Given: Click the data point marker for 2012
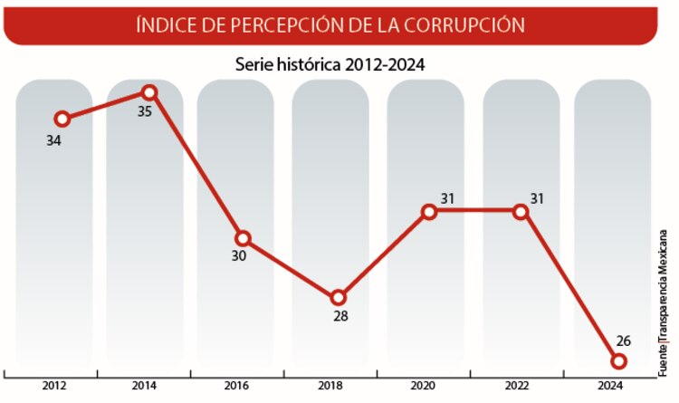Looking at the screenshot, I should click(x=62, y=119).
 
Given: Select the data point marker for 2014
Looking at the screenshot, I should click(x=149, y=92).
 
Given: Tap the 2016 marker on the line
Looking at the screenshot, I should click(x=242, y=237).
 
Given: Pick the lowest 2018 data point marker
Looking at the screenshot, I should click(x=338, y=297).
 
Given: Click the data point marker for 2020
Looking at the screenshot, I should click(x=429, y=212).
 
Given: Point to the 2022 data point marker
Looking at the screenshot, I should click(x=521, y=212).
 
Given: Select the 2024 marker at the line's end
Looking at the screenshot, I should click(x=619, y=361).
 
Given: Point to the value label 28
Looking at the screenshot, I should click(x=340, y=317).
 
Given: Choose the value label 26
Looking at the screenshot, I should click(x=622, y=341).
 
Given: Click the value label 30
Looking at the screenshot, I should click(x=238, y=256).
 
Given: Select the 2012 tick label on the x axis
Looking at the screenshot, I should click(x=53, y=386).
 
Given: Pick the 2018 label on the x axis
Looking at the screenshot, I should click(x=330, y=386).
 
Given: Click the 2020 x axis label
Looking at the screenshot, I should click(x=424, y=386).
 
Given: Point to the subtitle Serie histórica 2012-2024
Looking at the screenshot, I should click(x=330, y=64).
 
